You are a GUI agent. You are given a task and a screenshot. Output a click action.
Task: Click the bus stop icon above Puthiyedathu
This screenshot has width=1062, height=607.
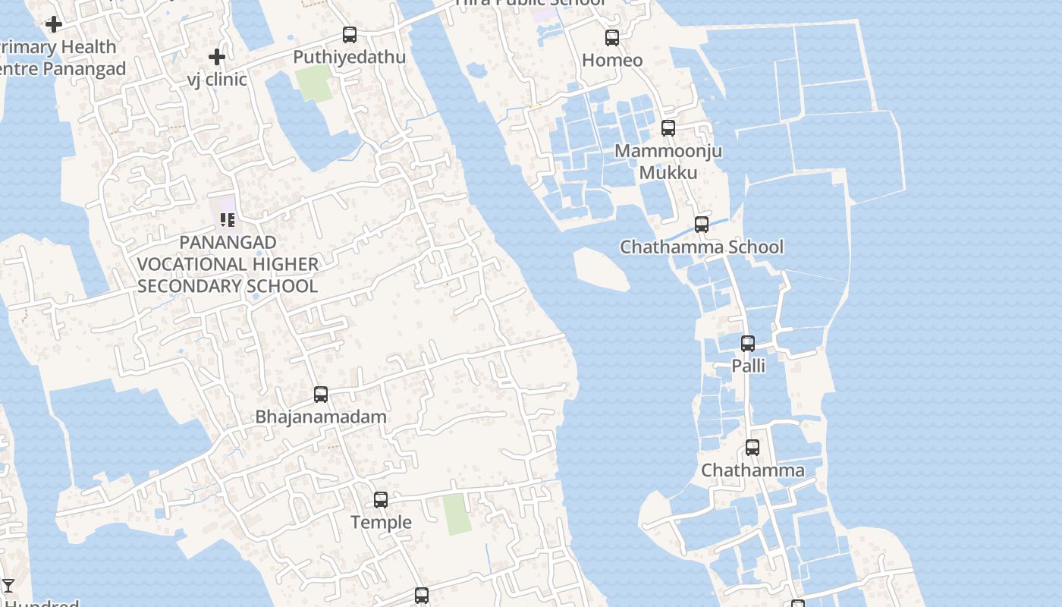point(350,34)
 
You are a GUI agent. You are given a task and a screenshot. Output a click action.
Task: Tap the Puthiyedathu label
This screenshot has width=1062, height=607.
point(349,57)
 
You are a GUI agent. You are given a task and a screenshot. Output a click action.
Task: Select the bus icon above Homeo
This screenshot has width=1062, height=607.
point(612,37)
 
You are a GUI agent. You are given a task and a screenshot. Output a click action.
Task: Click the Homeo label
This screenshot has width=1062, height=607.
point(612,60)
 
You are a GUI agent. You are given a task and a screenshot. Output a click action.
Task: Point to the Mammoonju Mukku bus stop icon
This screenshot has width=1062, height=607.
point(668,128)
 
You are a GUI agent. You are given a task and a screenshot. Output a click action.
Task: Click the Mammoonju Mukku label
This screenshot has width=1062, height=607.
point(668,162)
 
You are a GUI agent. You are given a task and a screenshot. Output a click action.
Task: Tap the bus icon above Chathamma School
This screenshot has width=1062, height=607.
point(702,225)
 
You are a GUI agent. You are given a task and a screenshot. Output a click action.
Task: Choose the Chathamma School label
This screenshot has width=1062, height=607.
point(702,247)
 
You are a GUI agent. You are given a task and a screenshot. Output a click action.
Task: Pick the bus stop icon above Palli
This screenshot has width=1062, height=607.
point(748,344)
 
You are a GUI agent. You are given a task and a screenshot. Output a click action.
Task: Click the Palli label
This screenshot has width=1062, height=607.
point(748,366)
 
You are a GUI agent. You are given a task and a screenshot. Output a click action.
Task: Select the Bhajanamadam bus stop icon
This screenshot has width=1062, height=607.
point(321,395)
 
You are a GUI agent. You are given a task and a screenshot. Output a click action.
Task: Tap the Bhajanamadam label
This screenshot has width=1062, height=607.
point(321,417)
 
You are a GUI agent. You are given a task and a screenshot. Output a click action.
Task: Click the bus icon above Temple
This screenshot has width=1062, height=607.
point(381,500)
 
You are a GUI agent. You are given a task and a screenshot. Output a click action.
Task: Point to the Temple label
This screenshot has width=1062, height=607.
point(381,522)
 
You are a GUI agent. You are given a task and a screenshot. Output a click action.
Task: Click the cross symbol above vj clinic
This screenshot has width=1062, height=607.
point(217,57)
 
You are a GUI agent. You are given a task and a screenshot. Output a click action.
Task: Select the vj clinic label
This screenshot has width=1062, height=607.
point(217,79)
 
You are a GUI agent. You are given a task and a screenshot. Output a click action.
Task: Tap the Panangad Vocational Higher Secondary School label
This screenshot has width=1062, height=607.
point(228,264)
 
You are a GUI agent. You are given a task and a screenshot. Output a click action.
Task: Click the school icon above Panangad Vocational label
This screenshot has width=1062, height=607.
point(228,220)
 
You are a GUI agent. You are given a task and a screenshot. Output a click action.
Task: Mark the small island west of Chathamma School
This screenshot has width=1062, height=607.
point(600,269)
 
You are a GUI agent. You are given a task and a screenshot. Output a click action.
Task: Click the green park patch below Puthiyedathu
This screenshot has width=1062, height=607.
point(315,83)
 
